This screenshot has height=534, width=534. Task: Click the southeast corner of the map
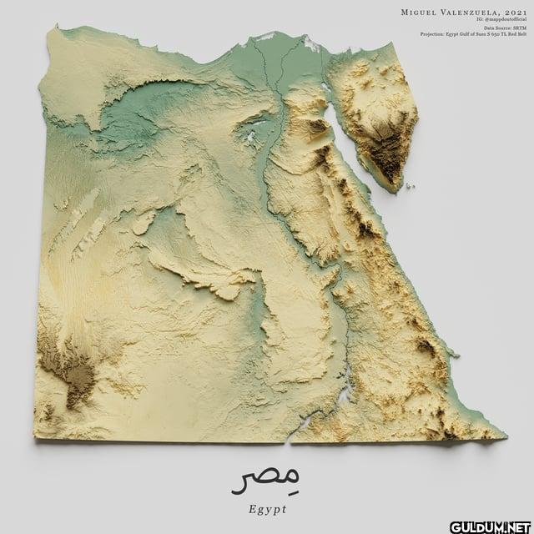click(x=503, y=434)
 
